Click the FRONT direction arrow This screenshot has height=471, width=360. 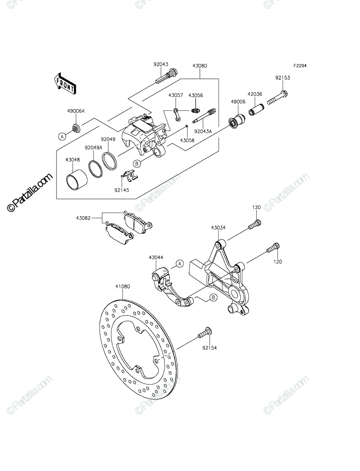coord(65,84)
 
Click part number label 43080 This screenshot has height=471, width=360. coord(200,66)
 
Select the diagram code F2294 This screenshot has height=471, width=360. coord(300,66)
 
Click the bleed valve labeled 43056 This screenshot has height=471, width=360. coord(195,111)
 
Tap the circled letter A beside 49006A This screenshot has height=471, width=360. coord(62,136)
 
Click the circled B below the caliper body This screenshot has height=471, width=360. coord(137,164)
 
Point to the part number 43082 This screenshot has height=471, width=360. coord(83,218)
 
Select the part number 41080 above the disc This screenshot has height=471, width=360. coord(123,287)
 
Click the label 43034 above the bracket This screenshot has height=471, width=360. coord(218,228)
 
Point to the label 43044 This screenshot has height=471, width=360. coord(156,257)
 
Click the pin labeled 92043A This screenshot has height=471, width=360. coord(204,116)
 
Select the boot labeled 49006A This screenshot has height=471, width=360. coord(76,128)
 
